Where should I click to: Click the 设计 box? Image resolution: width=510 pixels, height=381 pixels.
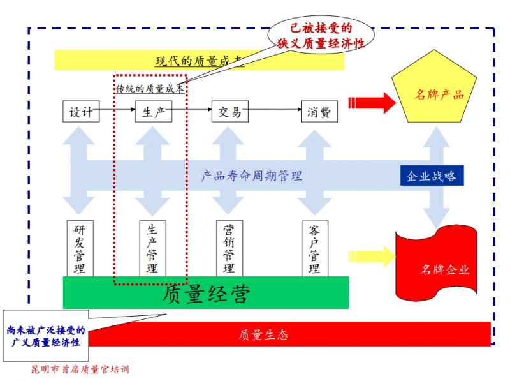(x=81, y=112)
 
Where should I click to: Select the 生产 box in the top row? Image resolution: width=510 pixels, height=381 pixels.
(x=154, y=112)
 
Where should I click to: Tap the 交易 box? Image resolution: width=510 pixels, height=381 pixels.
(x=229, y=112)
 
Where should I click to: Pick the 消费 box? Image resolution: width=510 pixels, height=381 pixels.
(x=319, y=112)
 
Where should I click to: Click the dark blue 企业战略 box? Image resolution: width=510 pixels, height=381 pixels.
(x=432, y=176)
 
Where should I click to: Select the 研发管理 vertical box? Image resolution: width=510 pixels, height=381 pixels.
(x=80, y=248)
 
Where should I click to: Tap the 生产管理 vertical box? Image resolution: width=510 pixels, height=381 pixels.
(x=152, y=248)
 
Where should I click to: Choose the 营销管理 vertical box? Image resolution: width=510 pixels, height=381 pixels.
(x=228, y=248)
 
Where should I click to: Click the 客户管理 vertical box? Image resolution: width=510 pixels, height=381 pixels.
(x=314, y=248)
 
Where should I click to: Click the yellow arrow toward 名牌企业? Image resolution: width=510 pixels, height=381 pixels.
(x=370, y=257)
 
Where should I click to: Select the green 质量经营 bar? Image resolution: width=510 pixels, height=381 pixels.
(x=205, y=293)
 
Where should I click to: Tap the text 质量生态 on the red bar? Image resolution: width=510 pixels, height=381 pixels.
(x=263, y=334)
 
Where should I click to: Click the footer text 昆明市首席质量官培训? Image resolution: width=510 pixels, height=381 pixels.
(x=80, y=369)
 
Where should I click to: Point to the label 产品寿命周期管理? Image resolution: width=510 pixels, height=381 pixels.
(x=251, y=176)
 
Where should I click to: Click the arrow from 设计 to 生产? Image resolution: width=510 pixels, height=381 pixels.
(x=117, y=112)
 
